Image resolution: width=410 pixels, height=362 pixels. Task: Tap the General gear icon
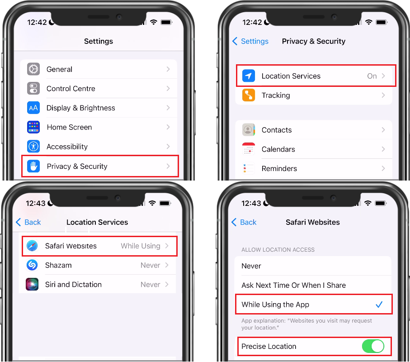[33, 69]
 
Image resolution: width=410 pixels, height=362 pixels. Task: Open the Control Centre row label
[71, 89]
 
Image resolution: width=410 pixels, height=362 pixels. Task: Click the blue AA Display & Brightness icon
[33, 108]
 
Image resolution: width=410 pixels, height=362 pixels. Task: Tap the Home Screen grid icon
[33, 127]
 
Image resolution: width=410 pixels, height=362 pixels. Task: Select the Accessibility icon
[33, 147]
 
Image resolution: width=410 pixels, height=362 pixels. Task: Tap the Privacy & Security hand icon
[33, 166]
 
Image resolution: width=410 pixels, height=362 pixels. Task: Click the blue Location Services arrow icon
[249, 76]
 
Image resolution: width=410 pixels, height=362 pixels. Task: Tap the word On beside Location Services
[372, 76]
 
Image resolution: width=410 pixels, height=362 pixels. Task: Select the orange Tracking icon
[249, 95]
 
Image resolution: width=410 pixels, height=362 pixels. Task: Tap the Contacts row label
[277, 130]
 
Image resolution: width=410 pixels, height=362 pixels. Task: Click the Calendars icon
[249, 149]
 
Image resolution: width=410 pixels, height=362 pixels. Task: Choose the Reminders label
[279, 169]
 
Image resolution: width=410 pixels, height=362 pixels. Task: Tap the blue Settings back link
[250, 41]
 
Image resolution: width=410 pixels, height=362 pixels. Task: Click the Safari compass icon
[32, 246]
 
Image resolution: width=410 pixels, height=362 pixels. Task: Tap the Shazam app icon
[32, 265]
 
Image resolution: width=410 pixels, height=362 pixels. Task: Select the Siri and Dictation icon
[32, 285]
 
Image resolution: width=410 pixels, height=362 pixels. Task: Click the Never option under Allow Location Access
[251, 266]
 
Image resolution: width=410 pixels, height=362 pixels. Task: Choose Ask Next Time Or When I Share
[294, 285]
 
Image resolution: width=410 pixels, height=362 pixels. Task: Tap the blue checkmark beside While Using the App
[379, 305]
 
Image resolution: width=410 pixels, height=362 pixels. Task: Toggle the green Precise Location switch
[373, 346]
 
